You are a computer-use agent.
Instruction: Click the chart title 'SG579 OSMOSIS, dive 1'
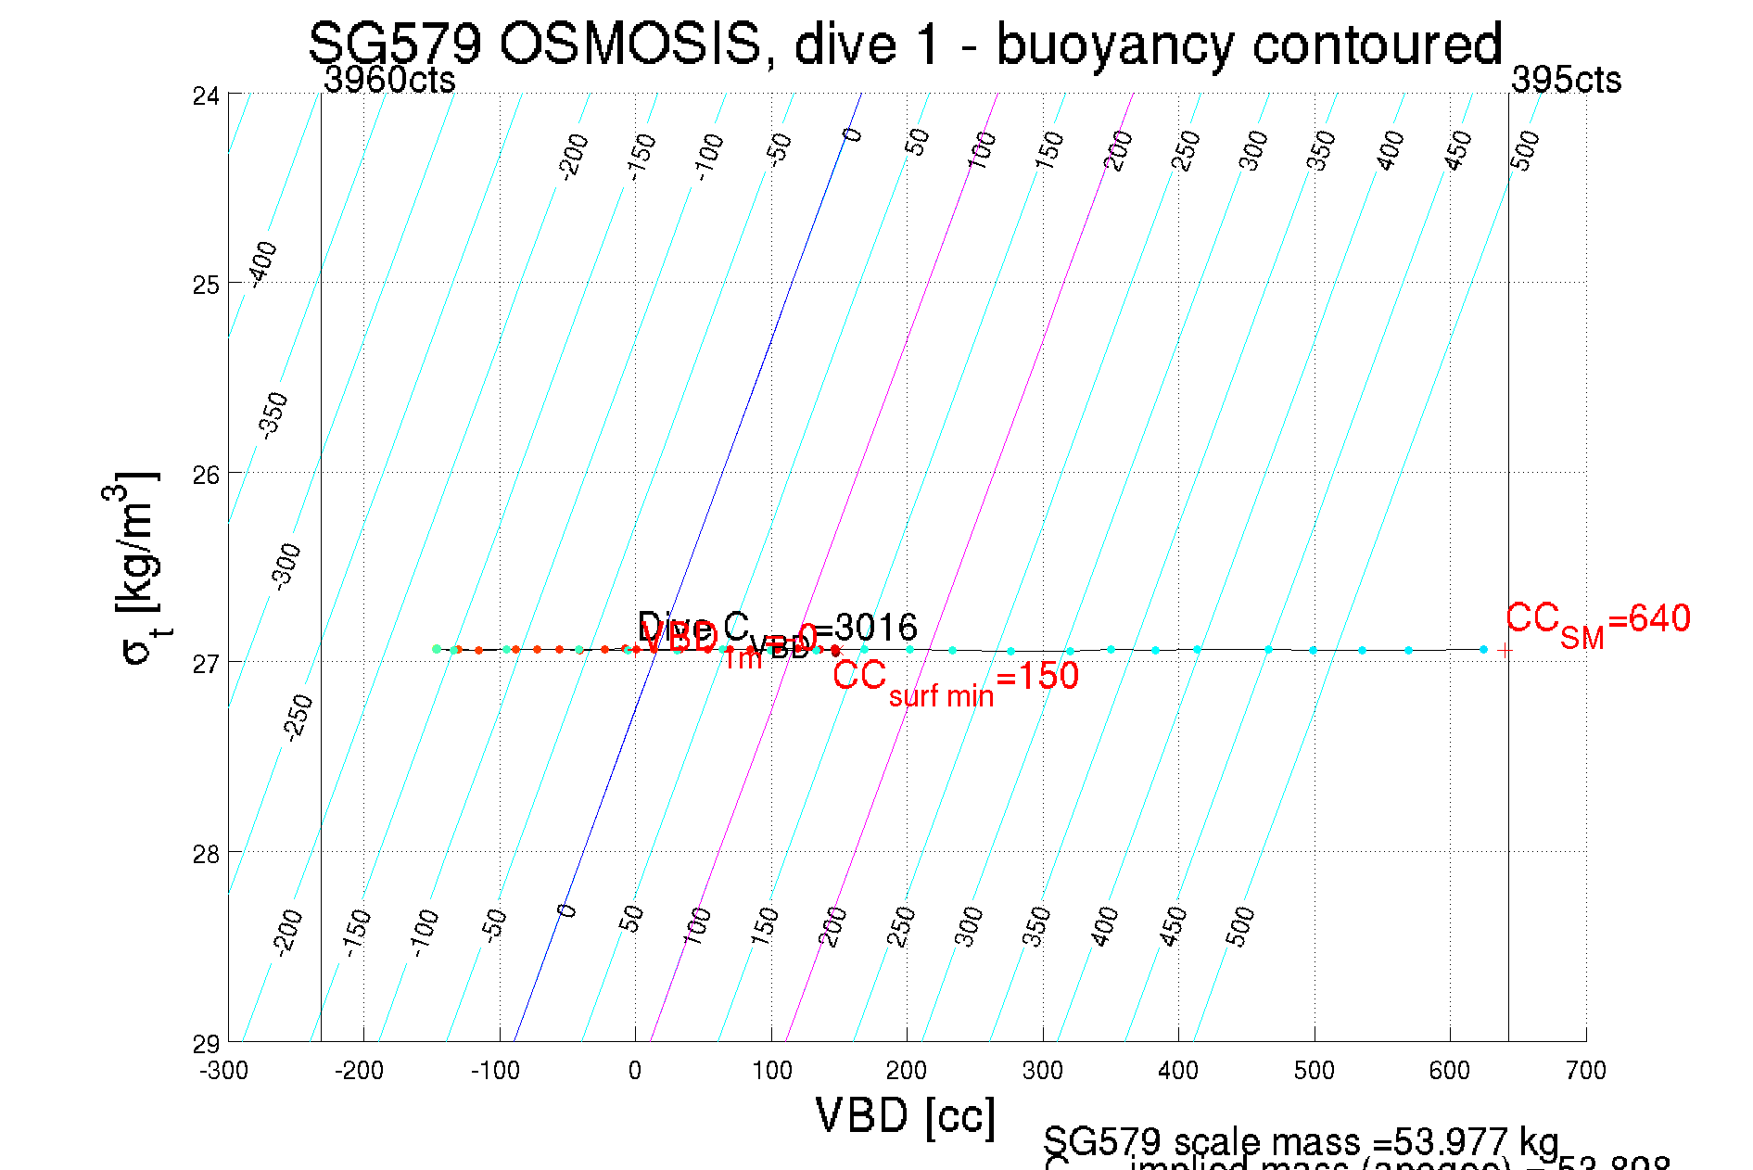click(x=904, y=44)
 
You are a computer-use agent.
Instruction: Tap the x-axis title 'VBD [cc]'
click(x=906, y=1115)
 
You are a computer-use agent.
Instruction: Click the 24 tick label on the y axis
click(x=206, y=95)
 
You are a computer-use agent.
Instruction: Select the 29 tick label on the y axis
click(x=206, y=1044)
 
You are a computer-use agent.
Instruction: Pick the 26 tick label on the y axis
click(x=206, y=475)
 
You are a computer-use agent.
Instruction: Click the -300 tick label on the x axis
click(x=224, y=1071)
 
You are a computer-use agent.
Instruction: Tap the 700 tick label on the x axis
click(x=1585, y=1071)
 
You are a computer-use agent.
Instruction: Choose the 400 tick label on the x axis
click(x=1178, y=1071)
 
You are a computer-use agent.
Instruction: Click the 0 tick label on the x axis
click(x=635, y=1071)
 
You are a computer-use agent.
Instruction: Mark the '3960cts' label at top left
click(x=389, y=81)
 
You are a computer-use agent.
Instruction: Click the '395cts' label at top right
click(x=1566, y=81)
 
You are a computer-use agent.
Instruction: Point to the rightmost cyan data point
click(x=1483, y=649)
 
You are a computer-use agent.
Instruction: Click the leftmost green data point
click(x=437, y=648)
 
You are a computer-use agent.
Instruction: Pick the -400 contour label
click(x=263, y=264)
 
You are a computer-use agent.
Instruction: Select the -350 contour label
click(x=273, y=415)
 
